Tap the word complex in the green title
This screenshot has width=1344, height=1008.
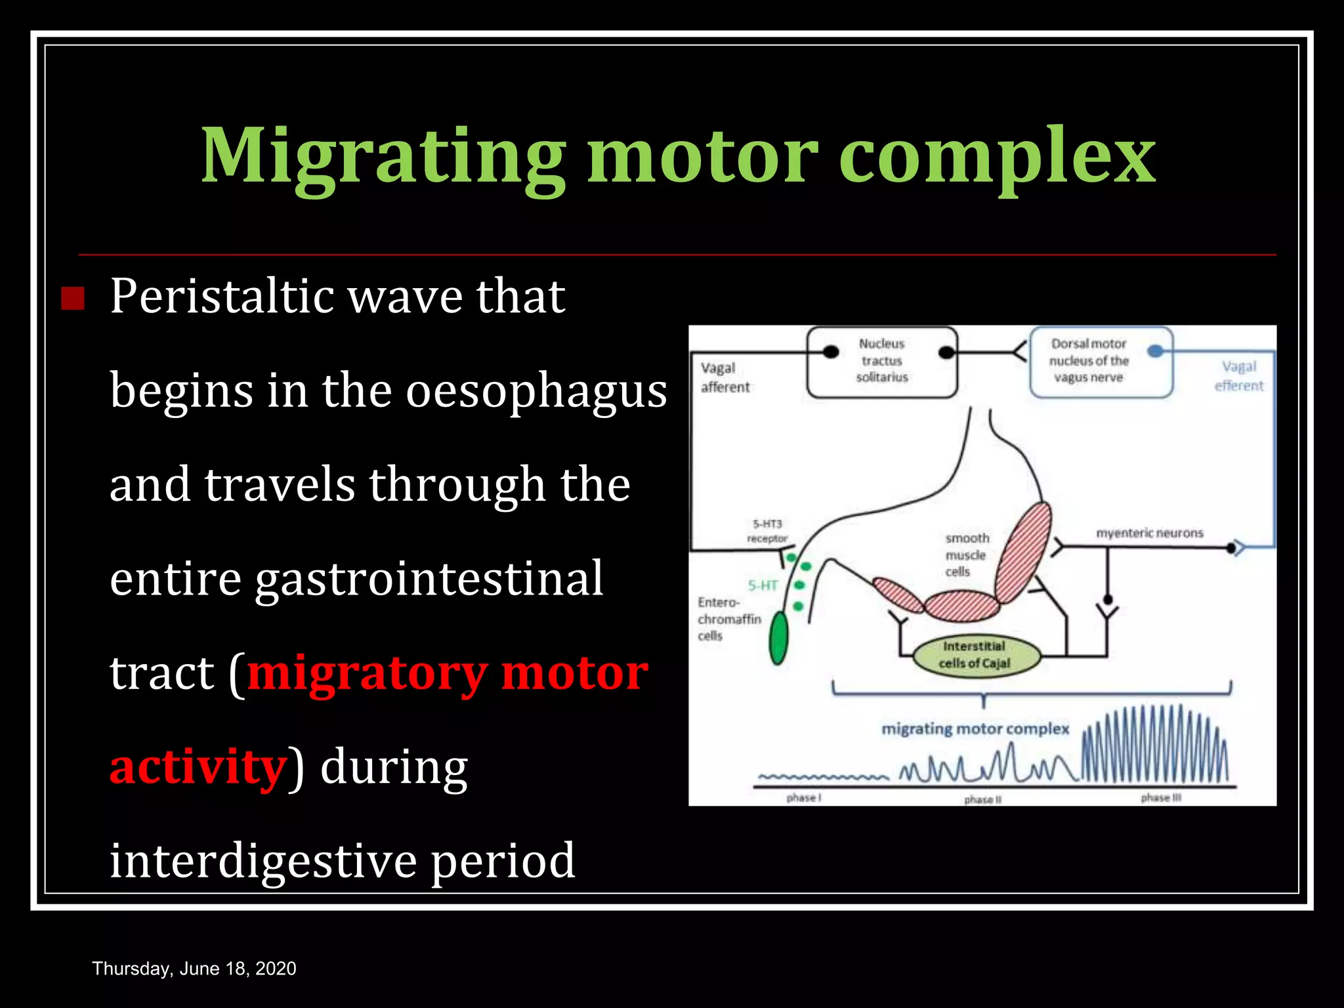997,157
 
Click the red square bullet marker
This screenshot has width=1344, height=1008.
73,299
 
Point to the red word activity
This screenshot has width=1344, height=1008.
198,766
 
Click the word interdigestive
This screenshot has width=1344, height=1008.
262,860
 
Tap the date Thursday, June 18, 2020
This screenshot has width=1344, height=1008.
194,969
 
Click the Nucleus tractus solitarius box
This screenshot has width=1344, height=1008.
881,361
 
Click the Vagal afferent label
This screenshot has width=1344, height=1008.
724,377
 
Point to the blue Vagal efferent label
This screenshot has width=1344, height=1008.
1238,376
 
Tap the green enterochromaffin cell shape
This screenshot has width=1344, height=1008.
778,638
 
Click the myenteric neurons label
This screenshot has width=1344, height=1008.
1150,533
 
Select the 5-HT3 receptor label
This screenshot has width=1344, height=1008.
766,531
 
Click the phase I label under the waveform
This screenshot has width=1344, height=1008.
803,798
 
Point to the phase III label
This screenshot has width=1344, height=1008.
1160,798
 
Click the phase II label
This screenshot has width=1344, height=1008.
982,799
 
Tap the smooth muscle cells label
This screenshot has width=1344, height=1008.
966,555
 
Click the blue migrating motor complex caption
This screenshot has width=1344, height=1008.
975,729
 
